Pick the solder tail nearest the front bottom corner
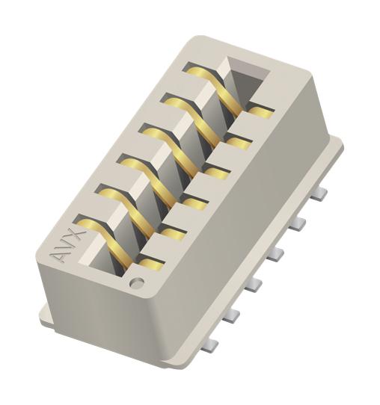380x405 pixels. pos(211,343)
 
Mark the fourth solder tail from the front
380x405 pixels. pos(276,254)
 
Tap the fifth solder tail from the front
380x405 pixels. pos(298,223)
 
